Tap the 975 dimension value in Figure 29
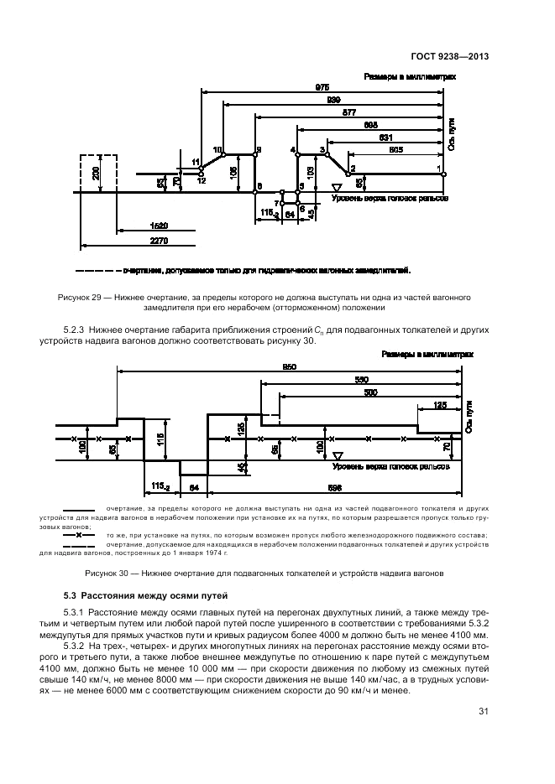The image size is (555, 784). pyautogui.click(x=322, y=87)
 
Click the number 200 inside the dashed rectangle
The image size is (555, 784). pyautogui.click(x=97, y=174)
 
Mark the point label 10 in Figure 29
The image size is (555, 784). pyautogui.click(x=217, y=148)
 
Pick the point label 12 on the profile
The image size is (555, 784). pyautogui.click(x=201, y=179)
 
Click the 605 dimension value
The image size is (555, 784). pyautogui.click(x=395, y=148)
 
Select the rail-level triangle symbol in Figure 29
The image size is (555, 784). pyautogui.click(x=337, y=188)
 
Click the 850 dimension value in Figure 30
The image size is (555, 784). pyautogui.click(x=290, y=366)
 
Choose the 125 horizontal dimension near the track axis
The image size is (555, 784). pyautogui.click(x=439, y=405)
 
